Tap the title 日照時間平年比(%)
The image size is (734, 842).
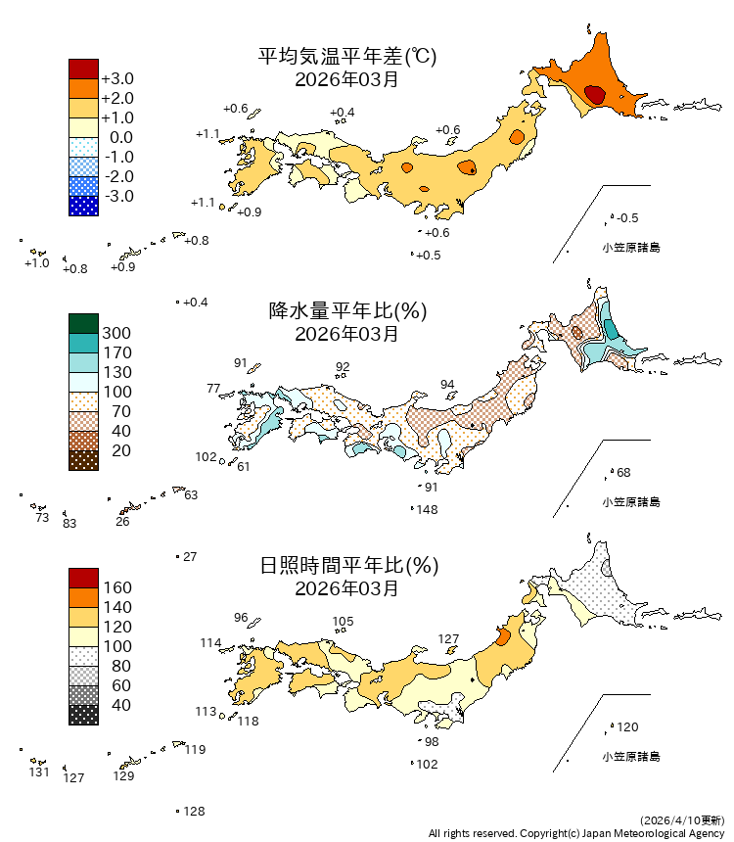tap(346, 566)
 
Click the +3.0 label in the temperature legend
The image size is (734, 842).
tap(117, 78)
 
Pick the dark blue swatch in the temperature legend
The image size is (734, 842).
tap(83, 206)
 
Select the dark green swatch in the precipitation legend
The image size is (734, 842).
tap(83, 323)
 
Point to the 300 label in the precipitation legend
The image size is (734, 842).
tap(116, 333)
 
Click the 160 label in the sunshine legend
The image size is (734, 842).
tap(116, 587)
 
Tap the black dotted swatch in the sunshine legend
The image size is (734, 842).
tap(83, 715)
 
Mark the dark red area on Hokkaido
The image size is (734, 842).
tap(594, 95)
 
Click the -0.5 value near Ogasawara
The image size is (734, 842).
tap(628, 217)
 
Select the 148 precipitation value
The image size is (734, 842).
tap(427, 510)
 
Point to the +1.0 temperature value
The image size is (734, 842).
tap(36, 262)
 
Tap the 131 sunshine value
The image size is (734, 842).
tap(38, 772)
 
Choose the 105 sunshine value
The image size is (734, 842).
tap(343, 621)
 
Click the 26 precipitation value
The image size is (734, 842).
tap(122, 522)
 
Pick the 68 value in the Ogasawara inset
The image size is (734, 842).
tap(623, 473)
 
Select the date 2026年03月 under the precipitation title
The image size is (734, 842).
tap(346, 334)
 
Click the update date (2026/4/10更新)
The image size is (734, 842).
tap(683, 819)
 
